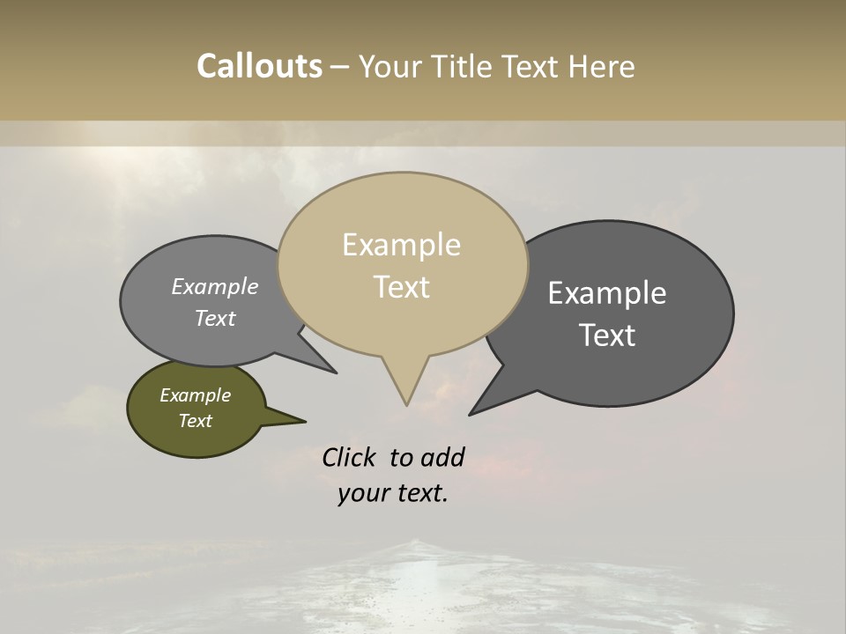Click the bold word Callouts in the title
tap(259, 66)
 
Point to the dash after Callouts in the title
tap(340, 67)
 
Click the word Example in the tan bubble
tap(401, 245)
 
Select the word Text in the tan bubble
tap(402, 287)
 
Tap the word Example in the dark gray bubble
tap(607, 293)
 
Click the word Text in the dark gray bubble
tap(608, 335)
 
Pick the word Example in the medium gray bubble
tap(215, 287)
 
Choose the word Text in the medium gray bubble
tap(215, 318)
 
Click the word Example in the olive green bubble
tap(196, 395)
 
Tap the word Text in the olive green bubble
tap(196, 421)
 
